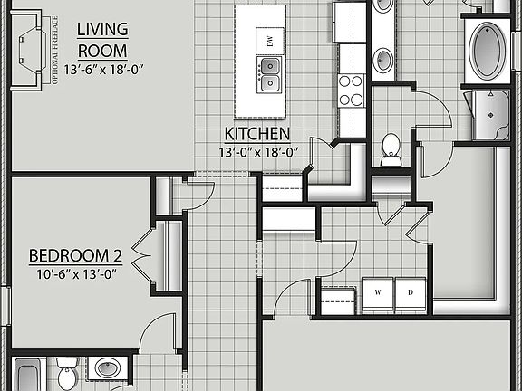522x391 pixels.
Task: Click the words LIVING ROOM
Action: (x=102, y=40)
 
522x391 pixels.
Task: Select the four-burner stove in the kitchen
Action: (x=351, y=90)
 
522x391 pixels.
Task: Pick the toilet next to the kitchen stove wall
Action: (x=391, y=149)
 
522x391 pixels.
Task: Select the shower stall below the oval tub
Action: (x=490, y=114)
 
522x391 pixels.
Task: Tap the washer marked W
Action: (x=378, y=291)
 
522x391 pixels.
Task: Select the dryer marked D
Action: (x=410, y=291)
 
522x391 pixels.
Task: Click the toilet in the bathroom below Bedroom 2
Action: (x=67, y=373)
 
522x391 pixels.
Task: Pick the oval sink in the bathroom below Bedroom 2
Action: (x=108, y=368)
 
